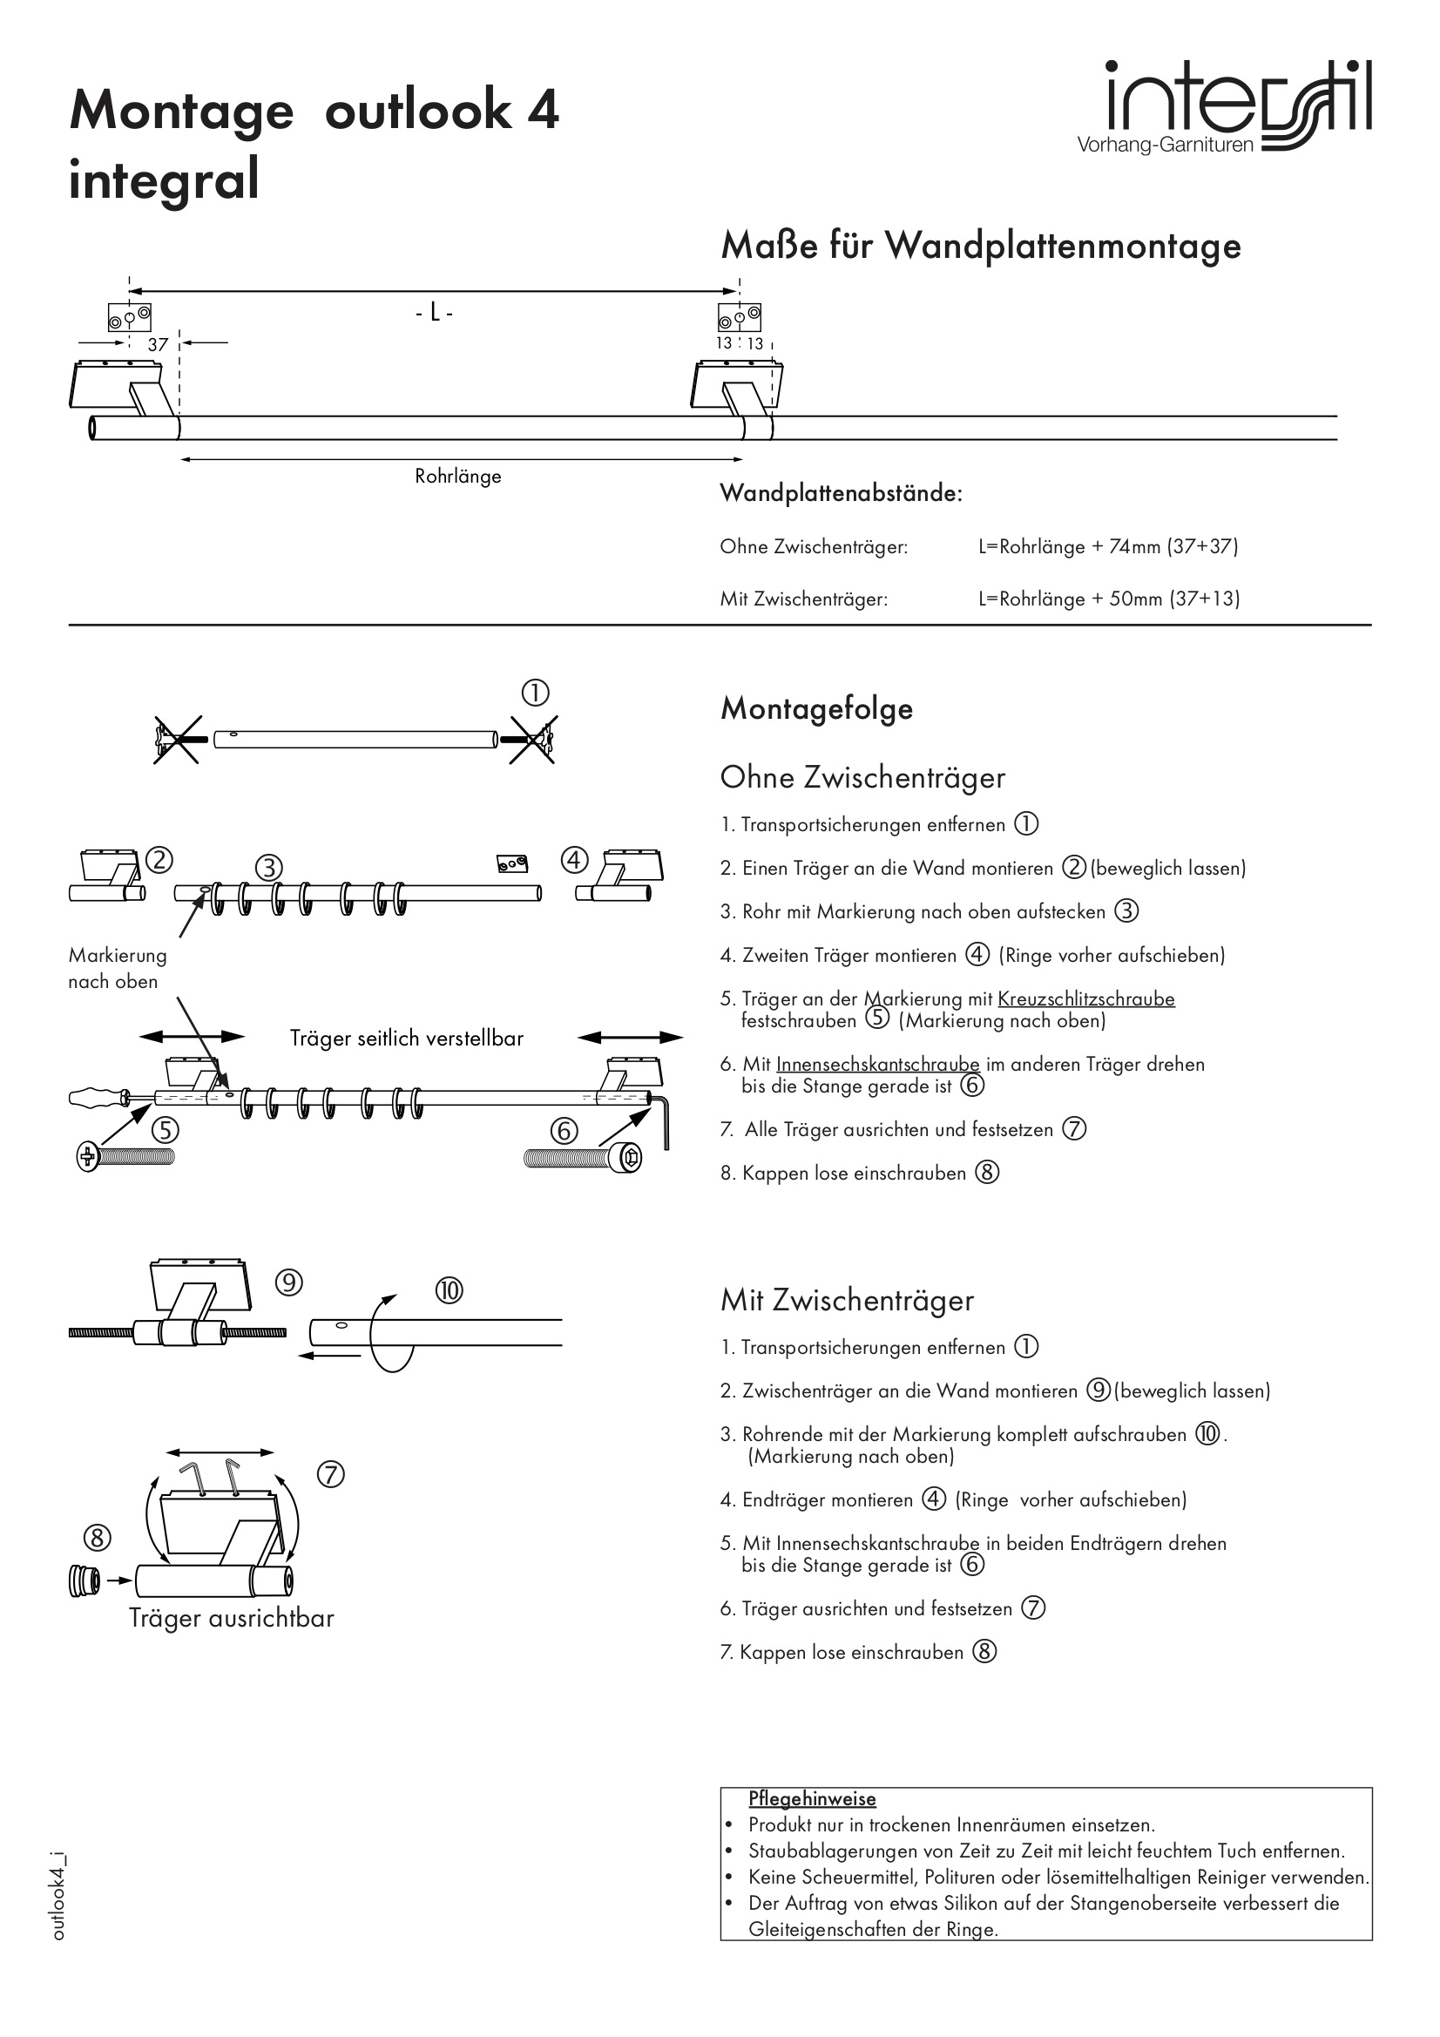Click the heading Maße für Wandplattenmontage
pos(980,246)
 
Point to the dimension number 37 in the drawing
pos(158,344)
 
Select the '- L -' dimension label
pos(434,313)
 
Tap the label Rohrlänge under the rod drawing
pos(458,477)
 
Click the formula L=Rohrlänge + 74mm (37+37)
pos(1108,546)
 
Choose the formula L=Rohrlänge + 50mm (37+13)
pos(1109,599)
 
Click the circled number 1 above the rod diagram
pos(535,693)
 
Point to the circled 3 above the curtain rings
pos(269,867)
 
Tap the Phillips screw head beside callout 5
pos(88,1157)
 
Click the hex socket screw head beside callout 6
pos(631,1157)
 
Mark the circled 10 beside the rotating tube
pos(449,1290)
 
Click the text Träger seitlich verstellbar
pos(406,1039)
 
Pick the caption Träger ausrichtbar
pos(232,1618)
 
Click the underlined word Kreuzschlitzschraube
pos(1086,999)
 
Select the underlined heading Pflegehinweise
pos(812,1798)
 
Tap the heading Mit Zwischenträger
pos(847,1301)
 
